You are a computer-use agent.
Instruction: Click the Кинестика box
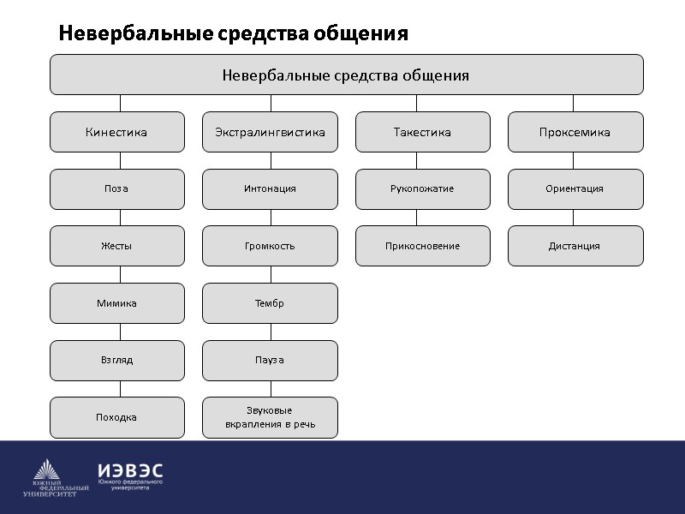click(x=116, y=132)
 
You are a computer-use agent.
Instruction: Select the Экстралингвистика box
click(x=270, y=132)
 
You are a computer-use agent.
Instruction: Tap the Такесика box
click(x=422, y=132)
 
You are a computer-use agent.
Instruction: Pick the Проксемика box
click(x=575, y=132)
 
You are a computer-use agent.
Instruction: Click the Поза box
click(x=116, y=188)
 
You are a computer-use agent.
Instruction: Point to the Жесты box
click(x=116, y=246)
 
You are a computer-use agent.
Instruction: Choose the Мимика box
click(x=116, y=303)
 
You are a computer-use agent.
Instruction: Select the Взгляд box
click(x=116, y=360)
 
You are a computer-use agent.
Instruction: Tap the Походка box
click(x=116, y=417)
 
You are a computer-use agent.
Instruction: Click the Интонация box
click(x=270, y=188)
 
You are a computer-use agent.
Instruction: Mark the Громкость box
click(x=270, y=246)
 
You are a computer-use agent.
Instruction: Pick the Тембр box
click(x=270, y=303)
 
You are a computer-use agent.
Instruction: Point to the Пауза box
click(x=270, y=360)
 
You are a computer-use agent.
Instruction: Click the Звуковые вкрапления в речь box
click(x=270, y=417)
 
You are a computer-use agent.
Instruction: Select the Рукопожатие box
click(x=422, y=188)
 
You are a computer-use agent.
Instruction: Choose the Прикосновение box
click(x=422, y=246)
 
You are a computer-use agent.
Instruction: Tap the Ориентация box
click(x=575, y=188)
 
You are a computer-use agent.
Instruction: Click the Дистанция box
click(x=575, y=246)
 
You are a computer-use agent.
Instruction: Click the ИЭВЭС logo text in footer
click(x=130, y=471)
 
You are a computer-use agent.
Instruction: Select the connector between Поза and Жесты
click(x=120, y=218)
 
